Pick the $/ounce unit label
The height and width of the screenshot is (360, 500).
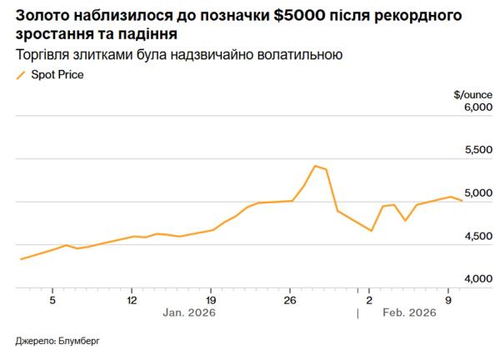click(x=467, y=94)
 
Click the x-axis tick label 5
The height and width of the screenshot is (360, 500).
click(x=52, y=299)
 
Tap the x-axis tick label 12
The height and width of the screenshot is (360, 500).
click(x=132, y=299)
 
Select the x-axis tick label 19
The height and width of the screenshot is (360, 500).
click(x=211, y=299)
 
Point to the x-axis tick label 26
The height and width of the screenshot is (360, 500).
click(x=290, y=299)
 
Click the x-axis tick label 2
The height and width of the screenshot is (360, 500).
click(x=369, y=299)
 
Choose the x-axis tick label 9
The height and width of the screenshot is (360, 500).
click(x=448, y=299)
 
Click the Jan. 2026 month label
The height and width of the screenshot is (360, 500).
click(x=190, y=313)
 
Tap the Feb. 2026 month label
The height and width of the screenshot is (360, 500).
click(x=408, y=313)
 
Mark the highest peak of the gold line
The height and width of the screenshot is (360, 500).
click(x=314, y=166)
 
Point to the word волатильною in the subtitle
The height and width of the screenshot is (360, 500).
click(x=301, y=55)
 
